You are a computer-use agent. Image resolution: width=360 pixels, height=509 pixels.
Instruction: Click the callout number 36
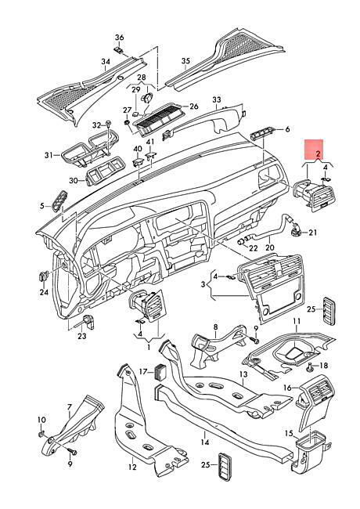pyautogui.click(x=120, y=38)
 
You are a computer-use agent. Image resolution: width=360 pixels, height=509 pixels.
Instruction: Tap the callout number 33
pyautogui.click(x=217, y=99)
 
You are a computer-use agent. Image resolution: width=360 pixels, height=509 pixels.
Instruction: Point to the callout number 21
pyautogui.click(x=312, y=233)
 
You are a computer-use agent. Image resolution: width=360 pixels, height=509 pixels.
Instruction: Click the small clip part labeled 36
pyautogui.click(x=119, y=50)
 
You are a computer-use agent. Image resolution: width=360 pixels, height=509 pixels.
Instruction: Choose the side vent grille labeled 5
pyautogui.click(x=59, y=200)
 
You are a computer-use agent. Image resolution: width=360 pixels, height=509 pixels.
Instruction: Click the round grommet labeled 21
pyautogui.click(x=296, y=231)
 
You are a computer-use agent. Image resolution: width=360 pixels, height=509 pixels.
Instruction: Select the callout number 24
pyautogui.click(x=44, y=292)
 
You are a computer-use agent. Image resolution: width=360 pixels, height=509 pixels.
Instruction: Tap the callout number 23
pyautogui.click(x=81, y=336)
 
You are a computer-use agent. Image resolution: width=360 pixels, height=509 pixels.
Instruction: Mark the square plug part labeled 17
pyautogui.click(x=161, y=371)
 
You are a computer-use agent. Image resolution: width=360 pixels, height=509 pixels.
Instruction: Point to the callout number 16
pyautogui.click(x=287, y=388)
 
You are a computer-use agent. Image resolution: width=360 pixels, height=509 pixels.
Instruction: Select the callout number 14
pyautogui.click(x=204, y=442)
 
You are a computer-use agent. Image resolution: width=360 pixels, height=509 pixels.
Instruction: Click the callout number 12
pyautogui.click(x=132, y=467)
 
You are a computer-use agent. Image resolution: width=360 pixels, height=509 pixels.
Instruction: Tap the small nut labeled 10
pyautogui.click(x=41, y=434)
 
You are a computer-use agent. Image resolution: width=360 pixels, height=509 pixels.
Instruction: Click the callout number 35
pyautogui.click(x=185, y=61)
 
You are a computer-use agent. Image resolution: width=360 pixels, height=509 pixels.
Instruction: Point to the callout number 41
pyautogui.click(x=150, y=142)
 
